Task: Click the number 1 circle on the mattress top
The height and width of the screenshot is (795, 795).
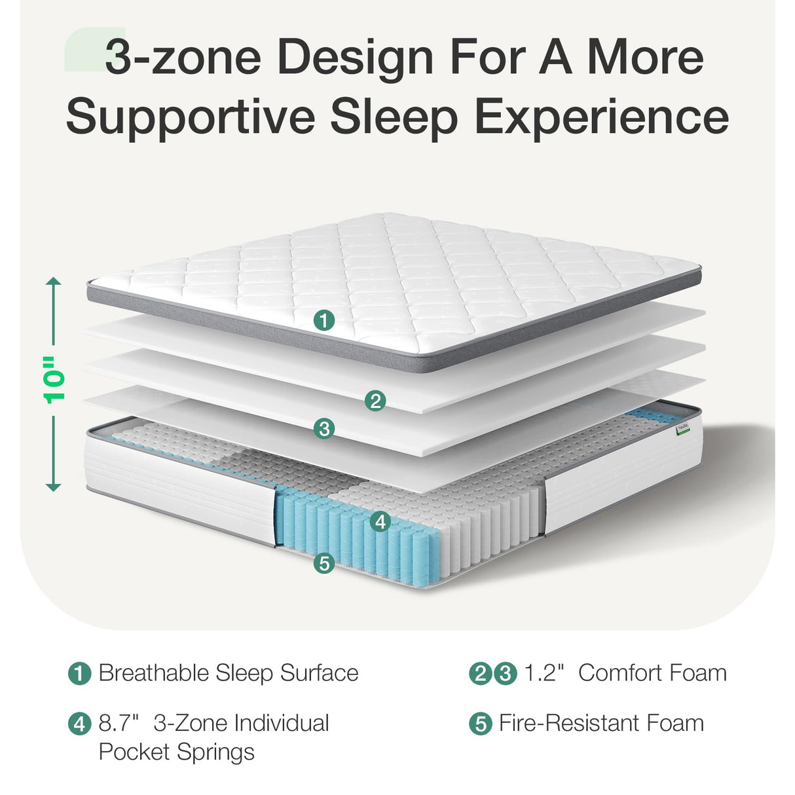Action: [324, 320]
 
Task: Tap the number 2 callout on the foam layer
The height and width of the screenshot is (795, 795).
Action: [375, 400]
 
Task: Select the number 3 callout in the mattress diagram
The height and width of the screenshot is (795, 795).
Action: [324, 429]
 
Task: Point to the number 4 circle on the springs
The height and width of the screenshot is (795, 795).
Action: [380, 521]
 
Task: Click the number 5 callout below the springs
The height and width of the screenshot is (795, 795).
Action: [324, 563]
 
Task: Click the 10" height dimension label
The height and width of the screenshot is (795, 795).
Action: [54, 380]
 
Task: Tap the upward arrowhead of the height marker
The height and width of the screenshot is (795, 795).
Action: [54, 282]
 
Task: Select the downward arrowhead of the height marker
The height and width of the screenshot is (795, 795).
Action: [54, 487]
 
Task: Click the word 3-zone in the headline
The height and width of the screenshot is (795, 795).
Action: [183, 57]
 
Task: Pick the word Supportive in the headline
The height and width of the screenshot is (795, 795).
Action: [191, 117]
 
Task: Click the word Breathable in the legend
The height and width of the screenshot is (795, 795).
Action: [153, 673]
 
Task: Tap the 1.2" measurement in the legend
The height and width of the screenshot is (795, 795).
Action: [544, 673]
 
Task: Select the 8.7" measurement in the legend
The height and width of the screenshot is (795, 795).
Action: [119, 724]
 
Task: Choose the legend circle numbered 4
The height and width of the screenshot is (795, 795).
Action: [80, 724]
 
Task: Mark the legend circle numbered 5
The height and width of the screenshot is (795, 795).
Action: [481, 724]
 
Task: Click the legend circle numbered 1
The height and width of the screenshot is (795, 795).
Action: [80, 674]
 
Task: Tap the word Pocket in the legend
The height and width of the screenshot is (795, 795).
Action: [134, 752]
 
